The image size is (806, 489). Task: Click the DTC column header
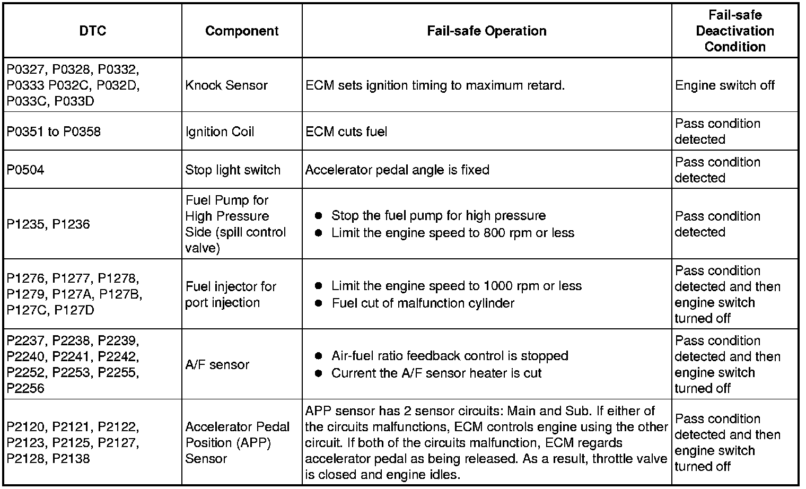pyautogui.click(x=92, y=31)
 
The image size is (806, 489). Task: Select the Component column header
pyautogui.click(x=242, y=31)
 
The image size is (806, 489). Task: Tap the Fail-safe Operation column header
pyautogui.click(x=486, y=31)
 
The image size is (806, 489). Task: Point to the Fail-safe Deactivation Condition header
pyautogui.click(x=734, y=31)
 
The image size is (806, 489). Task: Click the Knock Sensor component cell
pyautogui.click(x=226, y=85)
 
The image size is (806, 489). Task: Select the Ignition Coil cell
pyautogui.click(x=220, y=132)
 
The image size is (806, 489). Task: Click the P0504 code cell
pyautogui.click(x=25, y=170)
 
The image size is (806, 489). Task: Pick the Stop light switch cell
pyautogui.click(x=233, y=170)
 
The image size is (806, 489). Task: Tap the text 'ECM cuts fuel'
pyautogui.click(x=346, y=132)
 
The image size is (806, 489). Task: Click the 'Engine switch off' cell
pyautogui.click(x=724, y=85)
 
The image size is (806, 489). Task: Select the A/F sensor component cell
pyautogui.click(x=217, y=364)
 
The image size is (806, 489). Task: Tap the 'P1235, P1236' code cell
pyautogui.click(x=48, y=224)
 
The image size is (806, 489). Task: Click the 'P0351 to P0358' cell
pyautogui.click(x=54, y=132)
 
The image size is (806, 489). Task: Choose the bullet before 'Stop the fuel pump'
pyautogui.click(x=318, y=216)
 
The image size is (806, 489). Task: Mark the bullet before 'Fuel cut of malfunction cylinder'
pyautogui.click(x=318, y=303)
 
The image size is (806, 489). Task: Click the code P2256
pyautogui.click(x=25, y=388)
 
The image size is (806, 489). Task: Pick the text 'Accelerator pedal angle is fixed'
pyautogui.click(x=397, y=170)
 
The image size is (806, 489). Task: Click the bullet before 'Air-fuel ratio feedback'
pyautogui.click(x=318, y=356)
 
